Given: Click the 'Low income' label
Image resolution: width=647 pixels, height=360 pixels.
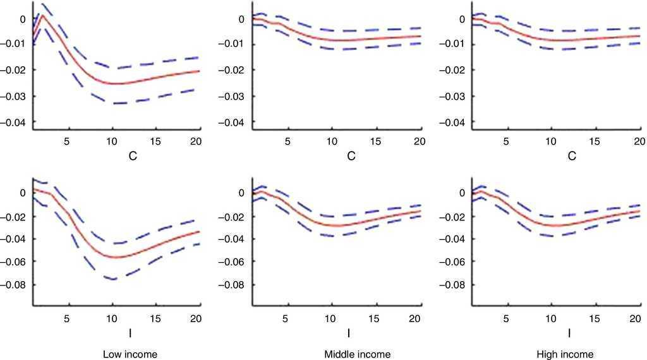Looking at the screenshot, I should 130,354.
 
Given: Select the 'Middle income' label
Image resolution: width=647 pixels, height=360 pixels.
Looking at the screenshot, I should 357,354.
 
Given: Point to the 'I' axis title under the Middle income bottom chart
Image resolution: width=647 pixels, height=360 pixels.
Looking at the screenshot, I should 349,332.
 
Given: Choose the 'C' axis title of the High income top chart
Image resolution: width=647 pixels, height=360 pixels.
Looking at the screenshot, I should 571,155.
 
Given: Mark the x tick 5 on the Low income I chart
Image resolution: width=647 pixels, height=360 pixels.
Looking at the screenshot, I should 68,317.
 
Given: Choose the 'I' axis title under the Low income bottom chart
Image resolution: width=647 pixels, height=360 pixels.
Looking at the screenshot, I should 130,332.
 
